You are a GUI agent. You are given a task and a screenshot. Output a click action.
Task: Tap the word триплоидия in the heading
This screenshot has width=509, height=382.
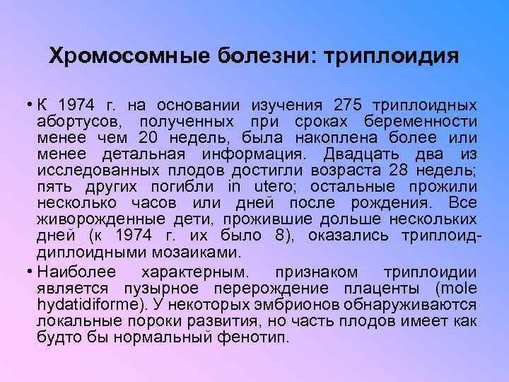pos(391,56)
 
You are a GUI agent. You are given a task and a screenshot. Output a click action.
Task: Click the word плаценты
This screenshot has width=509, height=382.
pos(382,288)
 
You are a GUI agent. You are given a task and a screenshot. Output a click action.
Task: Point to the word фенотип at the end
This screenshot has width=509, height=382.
pos(259,337)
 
